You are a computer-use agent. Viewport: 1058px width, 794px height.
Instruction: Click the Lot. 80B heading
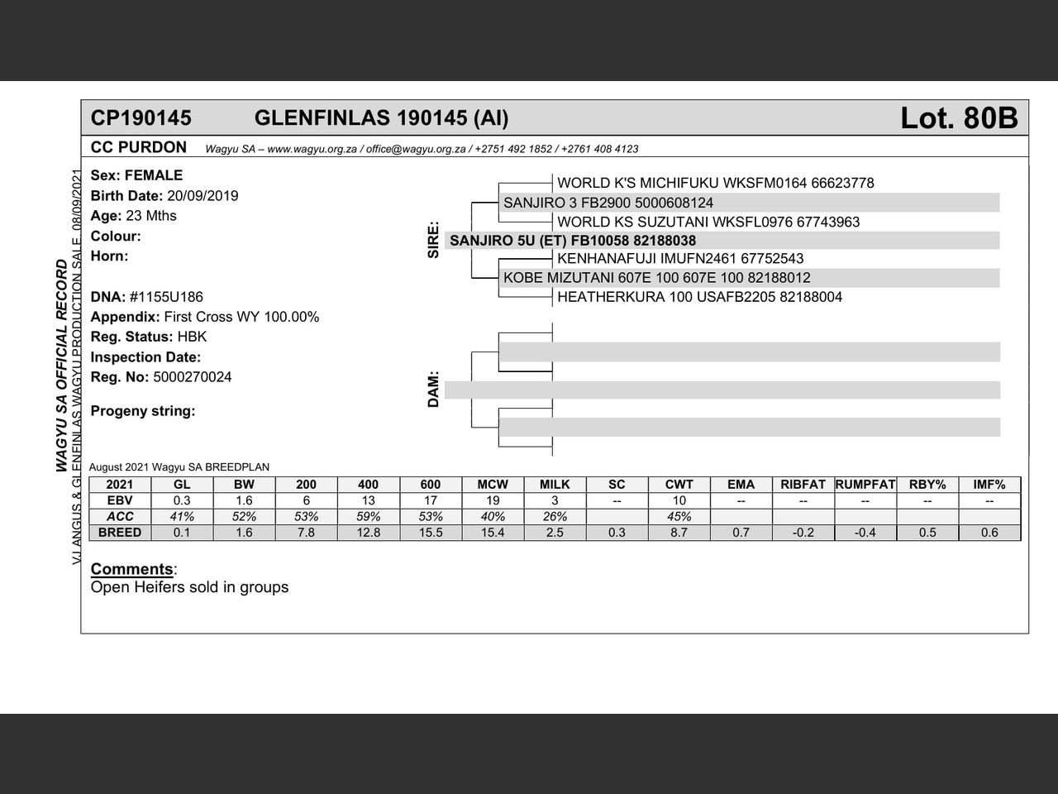[959, 118]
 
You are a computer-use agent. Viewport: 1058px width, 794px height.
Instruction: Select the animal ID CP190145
[141, 118]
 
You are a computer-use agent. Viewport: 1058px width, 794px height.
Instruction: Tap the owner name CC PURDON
[139, 147]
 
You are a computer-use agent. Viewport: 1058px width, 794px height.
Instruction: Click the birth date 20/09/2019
[203, 196]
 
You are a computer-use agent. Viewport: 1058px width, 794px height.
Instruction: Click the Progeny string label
[142, 411]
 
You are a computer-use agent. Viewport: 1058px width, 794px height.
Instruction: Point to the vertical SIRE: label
[433, 241]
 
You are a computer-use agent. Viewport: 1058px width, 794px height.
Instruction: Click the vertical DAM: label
[433, 390]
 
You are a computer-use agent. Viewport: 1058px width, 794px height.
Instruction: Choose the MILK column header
[555, 485]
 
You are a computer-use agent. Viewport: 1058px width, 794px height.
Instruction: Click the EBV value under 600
[431, 500]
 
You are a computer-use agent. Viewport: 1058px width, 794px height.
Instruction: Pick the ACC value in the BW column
[244, 516]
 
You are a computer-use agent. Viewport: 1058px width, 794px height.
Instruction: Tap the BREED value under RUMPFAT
[865, 533]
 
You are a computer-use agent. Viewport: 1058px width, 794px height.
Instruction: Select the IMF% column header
[989, 485]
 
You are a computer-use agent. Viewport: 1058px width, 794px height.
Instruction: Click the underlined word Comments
[131, 569]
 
